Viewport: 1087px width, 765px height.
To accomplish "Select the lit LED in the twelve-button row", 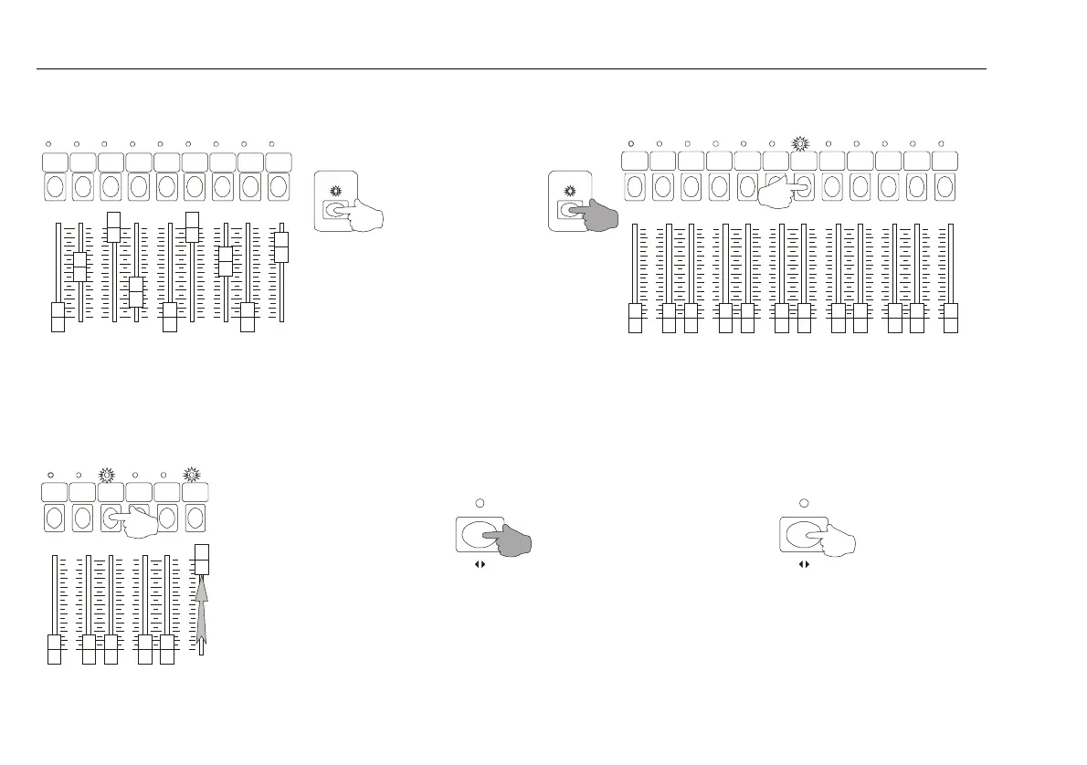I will pyautogui.click(x=800, y=144).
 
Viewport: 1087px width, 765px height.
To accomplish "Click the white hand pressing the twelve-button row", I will pyautogui.click(x=784, y=191).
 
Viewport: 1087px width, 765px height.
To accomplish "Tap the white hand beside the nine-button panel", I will pyautogui.click(x=361, y=214).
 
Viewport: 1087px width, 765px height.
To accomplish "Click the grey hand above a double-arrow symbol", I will pyautogui.click(x=508, y=540).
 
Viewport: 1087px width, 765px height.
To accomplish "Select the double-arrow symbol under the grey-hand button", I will pyautogui.click(x=478, y=565).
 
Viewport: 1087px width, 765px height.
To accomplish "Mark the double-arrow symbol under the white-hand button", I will pyautogui.click(x=804, y=565).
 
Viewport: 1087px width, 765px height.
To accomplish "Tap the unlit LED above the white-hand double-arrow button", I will pyautogui.click(x=804, y=502).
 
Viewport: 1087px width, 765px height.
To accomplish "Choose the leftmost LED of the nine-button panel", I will pyautogui.click(x=49, y=144).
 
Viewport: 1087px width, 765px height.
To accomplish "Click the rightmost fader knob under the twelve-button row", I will pyautogui.click(x=951, y=319).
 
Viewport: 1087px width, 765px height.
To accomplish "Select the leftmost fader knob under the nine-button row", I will pyautogui.click(x=58, y=317).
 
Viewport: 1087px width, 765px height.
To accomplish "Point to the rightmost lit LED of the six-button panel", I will pyautogui.click(x=191, y=475).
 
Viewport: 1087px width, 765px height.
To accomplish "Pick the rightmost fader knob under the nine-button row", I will pyautogui.click(x=282, y=246).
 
